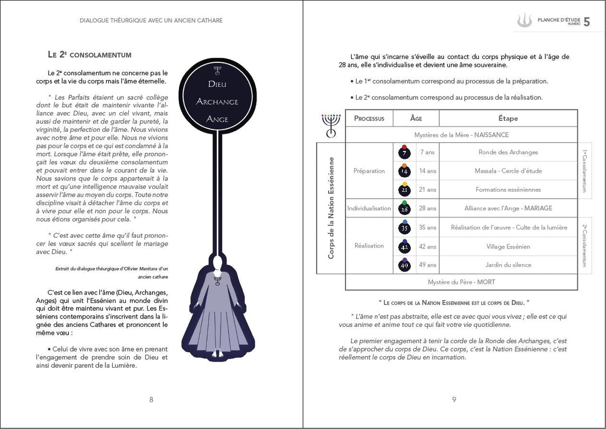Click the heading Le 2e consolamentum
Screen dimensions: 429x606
tap(90, 55)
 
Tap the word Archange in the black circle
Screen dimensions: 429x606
tap(217, 102)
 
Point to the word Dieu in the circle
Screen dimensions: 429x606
tap(217, 85)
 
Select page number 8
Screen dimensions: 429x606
tap(151, 399)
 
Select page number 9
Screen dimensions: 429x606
tap(454, 399)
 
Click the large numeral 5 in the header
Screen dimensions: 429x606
tap(586, 22)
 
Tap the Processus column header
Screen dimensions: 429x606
tap(369, 118)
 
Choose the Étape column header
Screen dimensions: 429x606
tap(508, 118)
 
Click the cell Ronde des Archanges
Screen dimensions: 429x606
tap(508, 152)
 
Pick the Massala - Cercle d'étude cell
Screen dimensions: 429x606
tap(508, 170)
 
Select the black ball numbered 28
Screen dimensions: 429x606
tap(404, 209)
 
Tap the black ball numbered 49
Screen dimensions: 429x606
tap(404, 265)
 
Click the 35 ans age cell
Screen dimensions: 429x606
tap(427, 228)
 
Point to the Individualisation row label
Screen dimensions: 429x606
tap(369, 208)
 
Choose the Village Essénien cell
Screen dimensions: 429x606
tap(508, 247)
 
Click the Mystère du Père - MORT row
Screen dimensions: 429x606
tap(461, 282)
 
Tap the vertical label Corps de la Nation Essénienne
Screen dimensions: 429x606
tap(331, 208)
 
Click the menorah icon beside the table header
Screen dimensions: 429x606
tap(331, 124)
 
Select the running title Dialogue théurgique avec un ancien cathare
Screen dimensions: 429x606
tap(151, 21)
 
